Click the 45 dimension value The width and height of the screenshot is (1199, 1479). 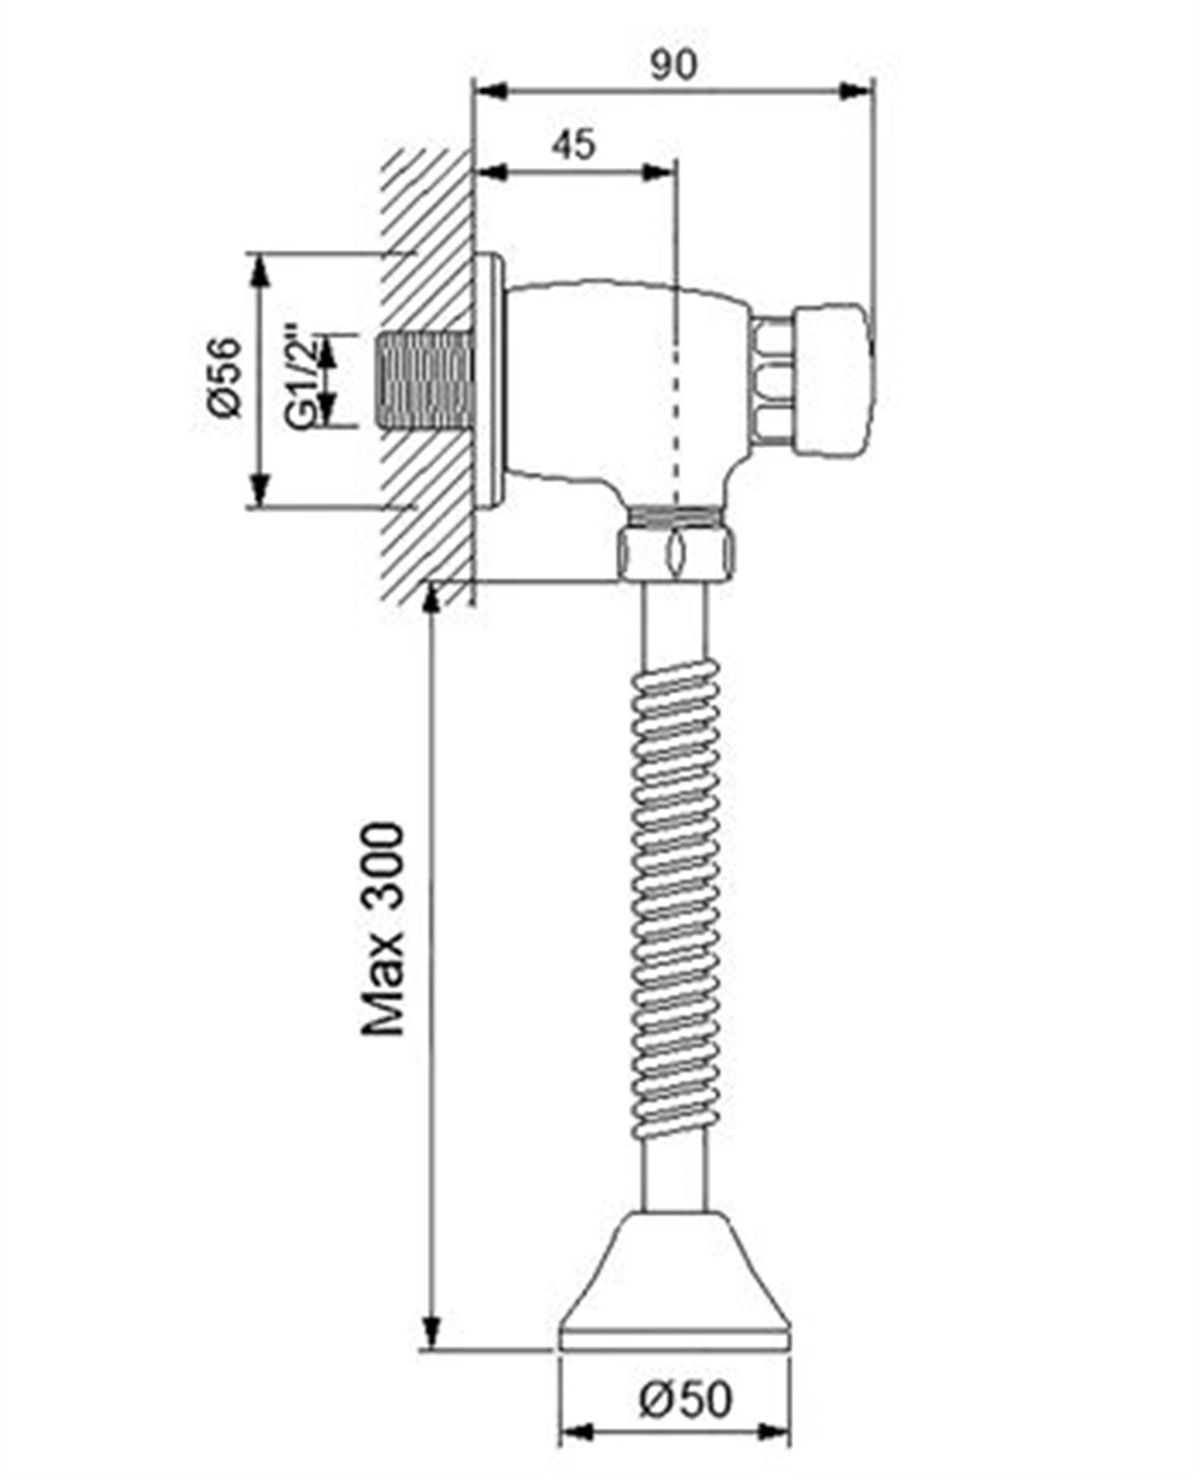pyautogui.click(x=574, y=144)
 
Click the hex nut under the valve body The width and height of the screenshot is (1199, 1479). pyautogui.click(x=675, y=551)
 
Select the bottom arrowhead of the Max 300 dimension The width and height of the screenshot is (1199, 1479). pyautogui.click(x=432, y=1333)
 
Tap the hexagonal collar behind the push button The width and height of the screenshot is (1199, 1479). pyautogui.click(x=773, y=381)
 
